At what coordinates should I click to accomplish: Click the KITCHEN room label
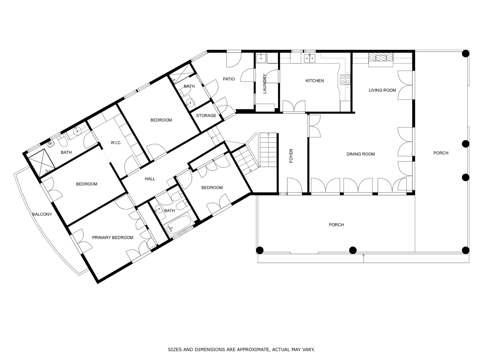click(x=315, y=81)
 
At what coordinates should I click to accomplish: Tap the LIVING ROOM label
click(x=382, y=90)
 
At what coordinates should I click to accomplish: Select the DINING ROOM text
click(x=361, y=154)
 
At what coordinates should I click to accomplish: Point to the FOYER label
click(x=291, y=156)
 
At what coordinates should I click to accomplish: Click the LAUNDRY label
click(x=264, y=84)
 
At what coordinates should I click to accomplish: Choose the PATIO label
click(x=229, y=79)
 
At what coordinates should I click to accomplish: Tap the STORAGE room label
click(x=206, y=116)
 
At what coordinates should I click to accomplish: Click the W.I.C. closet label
click(x=116, y=143)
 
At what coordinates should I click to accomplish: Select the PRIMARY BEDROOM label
click(x=113, y=237)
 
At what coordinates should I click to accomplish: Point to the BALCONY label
click(x=42, y=214)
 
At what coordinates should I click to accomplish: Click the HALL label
click(x=150, y=179)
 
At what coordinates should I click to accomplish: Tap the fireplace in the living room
click(x=380, y=59)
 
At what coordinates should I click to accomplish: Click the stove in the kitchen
click(x=345, y=80)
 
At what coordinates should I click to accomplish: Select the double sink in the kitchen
click(x=310, y=58)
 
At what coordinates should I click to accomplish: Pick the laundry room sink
click(x=261, y=58)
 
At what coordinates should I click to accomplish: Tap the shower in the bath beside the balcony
click(x=42, y=162)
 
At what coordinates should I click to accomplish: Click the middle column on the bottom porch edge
click(x=353, y=250)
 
